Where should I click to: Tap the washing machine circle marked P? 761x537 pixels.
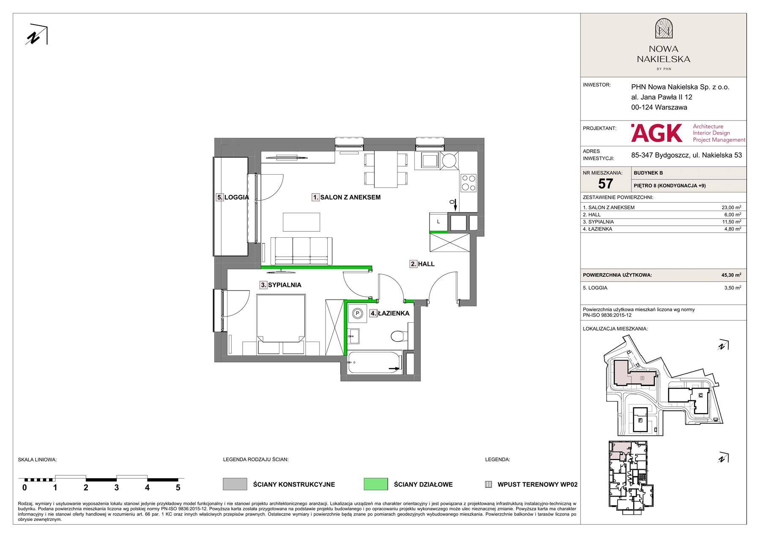point(358,313)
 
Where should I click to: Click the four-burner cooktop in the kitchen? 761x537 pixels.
point(468,183)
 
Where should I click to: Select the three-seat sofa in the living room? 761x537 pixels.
point(301,251)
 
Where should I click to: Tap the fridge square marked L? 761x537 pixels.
point(438,222)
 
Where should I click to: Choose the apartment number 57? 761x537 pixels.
point(605,184)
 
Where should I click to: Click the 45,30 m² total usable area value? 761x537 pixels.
point(731,275)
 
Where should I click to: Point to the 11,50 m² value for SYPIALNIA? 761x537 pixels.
point(731,222)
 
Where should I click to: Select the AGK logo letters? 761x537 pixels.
point(657,133)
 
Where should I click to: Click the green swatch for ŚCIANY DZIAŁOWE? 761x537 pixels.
point(375,484)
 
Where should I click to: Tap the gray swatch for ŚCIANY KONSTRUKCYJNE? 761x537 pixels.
point(235,484)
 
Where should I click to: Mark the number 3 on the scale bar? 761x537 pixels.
point(116,488)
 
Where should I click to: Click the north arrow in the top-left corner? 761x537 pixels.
point(37,35)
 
